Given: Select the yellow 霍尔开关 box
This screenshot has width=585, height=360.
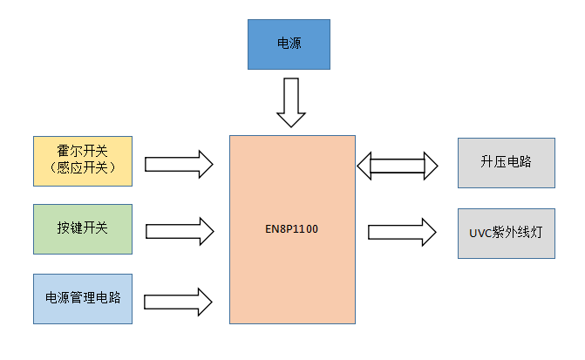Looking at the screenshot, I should click(82, 161).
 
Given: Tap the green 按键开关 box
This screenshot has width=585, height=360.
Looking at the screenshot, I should click(82, 230).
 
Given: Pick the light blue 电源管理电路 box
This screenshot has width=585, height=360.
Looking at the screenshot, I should click(82, 299).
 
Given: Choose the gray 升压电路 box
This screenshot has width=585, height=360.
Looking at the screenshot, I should click(506, 163).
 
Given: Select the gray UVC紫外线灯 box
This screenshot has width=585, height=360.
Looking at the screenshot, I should click(506, 233).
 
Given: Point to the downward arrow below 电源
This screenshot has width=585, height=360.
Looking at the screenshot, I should click(290, 102).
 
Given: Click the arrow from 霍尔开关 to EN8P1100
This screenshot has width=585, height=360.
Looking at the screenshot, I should click(179, 163).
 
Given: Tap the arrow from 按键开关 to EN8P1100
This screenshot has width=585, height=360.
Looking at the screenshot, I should click(179, 231).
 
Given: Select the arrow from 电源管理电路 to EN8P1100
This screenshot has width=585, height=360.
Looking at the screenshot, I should click(179, 302).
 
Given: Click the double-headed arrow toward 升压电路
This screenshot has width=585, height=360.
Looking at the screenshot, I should click(398, 164).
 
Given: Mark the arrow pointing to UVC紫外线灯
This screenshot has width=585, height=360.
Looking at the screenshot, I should click(402, 232).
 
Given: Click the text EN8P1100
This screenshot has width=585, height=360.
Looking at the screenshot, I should click(292, 230).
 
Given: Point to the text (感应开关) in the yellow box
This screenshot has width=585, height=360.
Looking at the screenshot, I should click(82, 168).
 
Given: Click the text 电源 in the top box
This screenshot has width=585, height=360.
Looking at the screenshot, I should click(289, 43).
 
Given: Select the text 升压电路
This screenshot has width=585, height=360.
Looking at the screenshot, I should click(506, 163).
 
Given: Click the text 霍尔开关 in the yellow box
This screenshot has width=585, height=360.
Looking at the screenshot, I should click(82, 152).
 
